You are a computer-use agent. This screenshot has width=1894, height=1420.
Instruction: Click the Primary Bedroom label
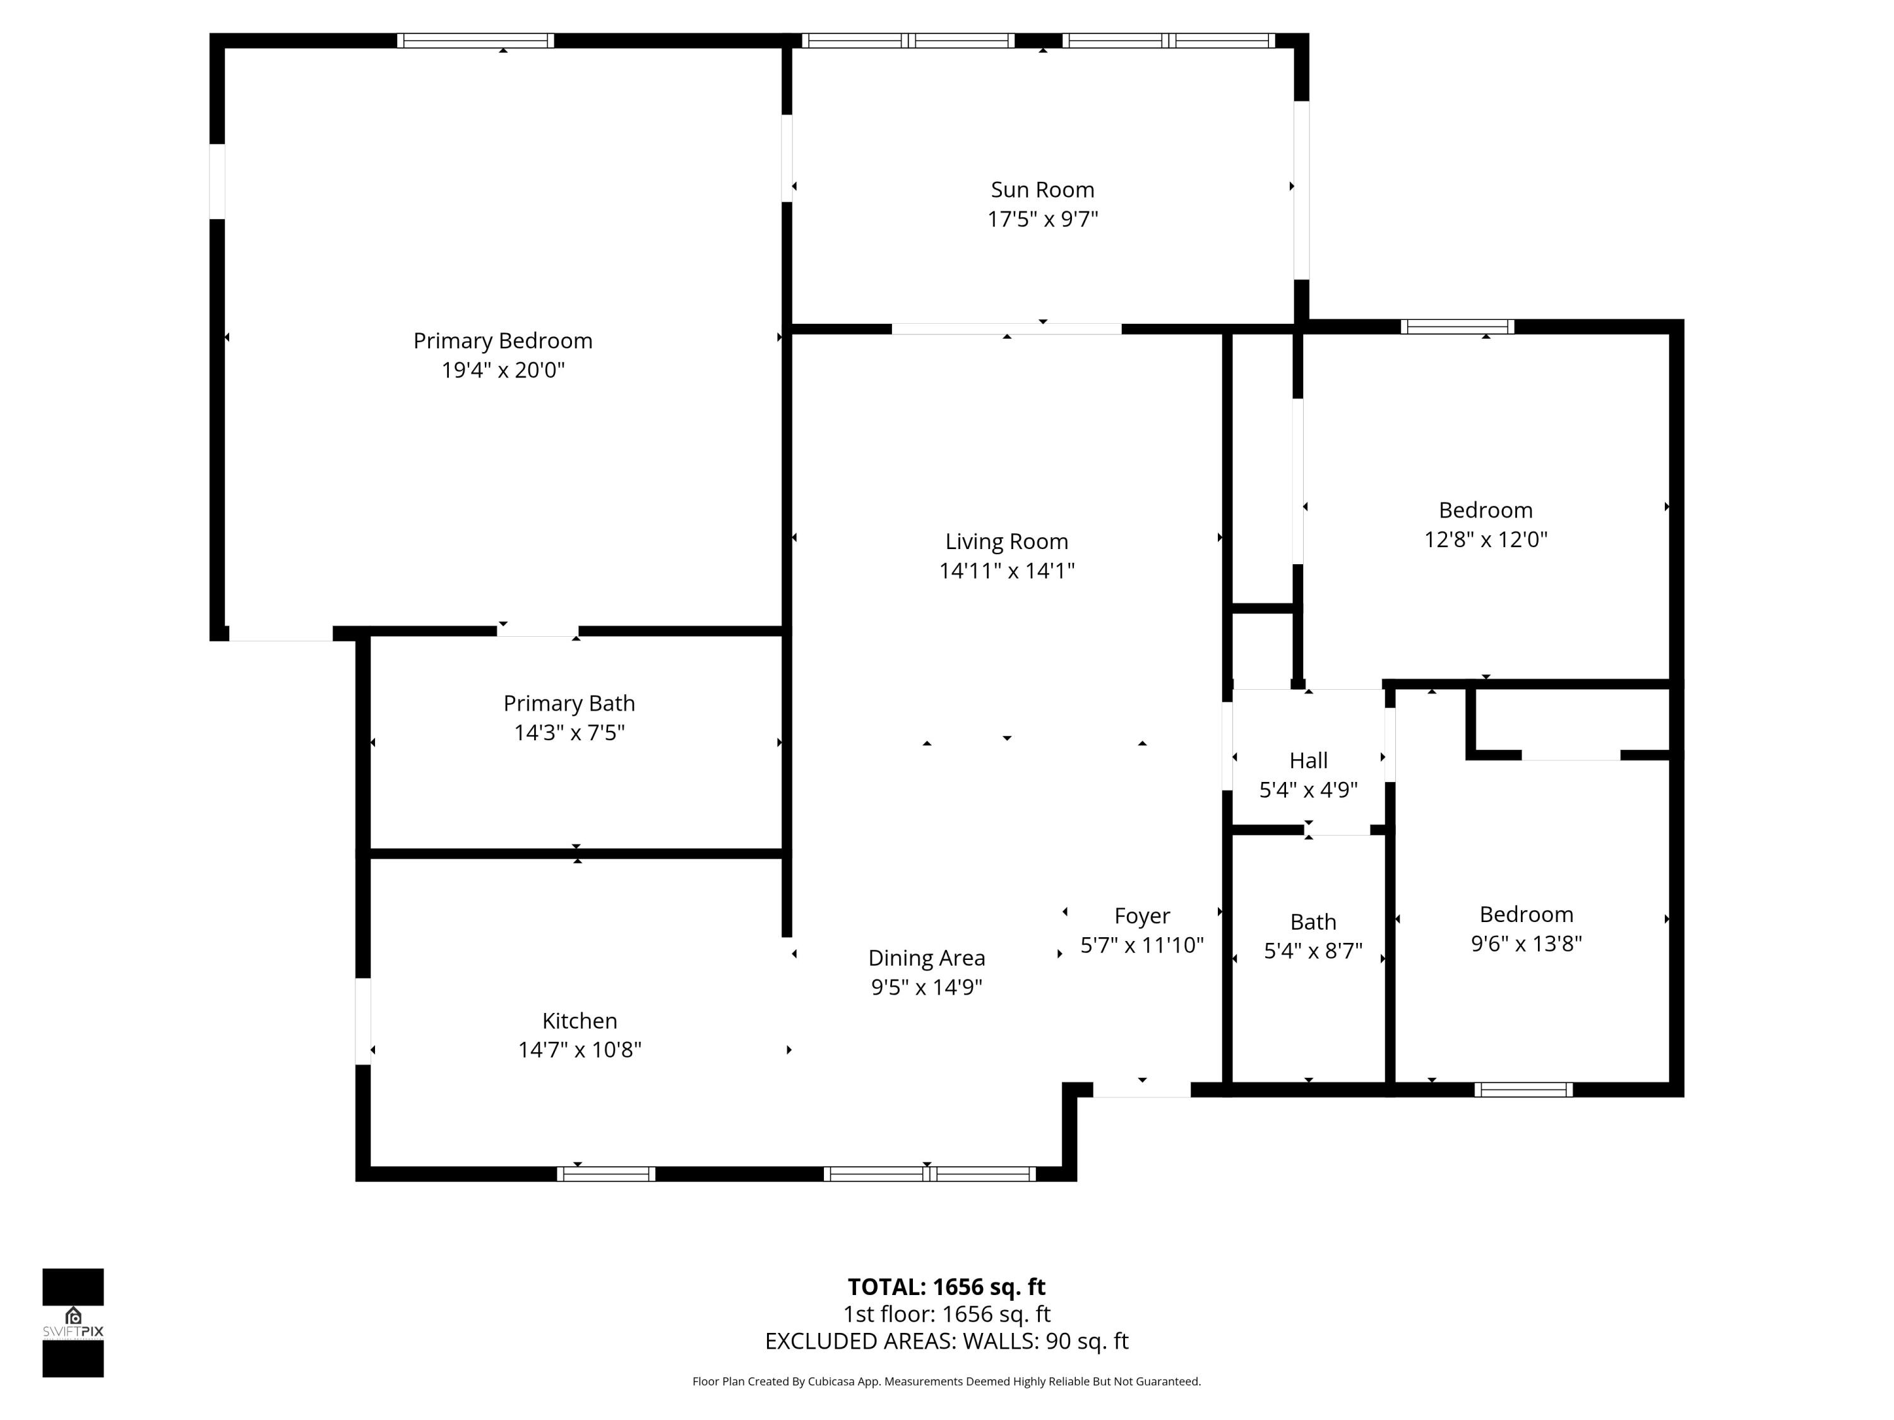tap(503, 341)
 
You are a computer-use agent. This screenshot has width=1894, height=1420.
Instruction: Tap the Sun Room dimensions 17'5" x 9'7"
tap(1042, 219)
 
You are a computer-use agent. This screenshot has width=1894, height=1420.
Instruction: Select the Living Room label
tap(1006, 541)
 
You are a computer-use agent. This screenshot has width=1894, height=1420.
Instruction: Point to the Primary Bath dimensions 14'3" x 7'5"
tap(569, 733)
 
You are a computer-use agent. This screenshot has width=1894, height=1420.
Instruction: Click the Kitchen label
tap(579, 1021)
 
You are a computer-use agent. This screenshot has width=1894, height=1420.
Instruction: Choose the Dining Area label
tap(926, 958)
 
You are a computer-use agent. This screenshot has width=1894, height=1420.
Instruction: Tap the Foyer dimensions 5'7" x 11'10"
tap(1141, 945)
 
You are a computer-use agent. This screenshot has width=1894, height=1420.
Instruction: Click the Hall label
tap(1307, 760)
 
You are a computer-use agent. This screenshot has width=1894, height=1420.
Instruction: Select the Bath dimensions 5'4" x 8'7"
tap(1313, 951)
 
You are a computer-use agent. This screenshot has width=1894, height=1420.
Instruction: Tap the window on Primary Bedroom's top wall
tap(475, 40)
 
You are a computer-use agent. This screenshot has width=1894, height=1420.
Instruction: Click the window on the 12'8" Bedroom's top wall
tap(1456, 326)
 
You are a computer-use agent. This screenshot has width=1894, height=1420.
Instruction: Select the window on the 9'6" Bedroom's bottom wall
tap(1523, 1089)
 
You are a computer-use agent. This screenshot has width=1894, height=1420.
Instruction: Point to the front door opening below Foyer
tap(1141, 1089)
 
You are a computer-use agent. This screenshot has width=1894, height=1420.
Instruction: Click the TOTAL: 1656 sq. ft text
tap(946, 1286)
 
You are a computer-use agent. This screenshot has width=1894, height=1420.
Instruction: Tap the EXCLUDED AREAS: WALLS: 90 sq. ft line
tap(946, 1341)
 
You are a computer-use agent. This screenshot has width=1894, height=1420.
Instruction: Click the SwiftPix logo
tap(73, 1322)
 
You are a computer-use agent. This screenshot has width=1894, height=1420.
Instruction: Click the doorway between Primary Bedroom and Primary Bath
tap(538, 632)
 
